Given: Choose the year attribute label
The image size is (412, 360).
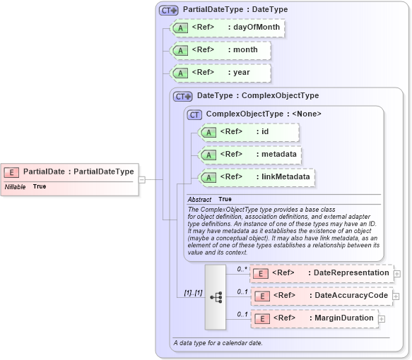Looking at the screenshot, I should (x=241, y=72).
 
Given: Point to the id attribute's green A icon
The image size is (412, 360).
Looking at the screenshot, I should (x=208, y=132).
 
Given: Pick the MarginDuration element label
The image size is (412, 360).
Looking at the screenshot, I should (x=343, y=318).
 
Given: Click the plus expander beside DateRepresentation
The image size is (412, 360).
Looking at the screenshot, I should (x=397, y=273).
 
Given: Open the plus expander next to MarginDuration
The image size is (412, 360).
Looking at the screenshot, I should (x=382, y=319).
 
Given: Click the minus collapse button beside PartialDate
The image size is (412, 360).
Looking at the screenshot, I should (x=142, y=179).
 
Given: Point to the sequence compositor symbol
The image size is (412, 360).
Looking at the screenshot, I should (x=215, y=296).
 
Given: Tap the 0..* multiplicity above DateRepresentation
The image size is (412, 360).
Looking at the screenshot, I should (x=242, y=268).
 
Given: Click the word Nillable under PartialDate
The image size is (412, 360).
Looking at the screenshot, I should (x=16, y=186).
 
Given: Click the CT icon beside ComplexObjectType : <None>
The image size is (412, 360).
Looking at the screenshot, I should (x=195, y=114).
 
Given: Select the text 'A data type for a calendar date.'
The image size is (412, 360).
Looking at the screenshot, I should (x=218, y=343).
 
